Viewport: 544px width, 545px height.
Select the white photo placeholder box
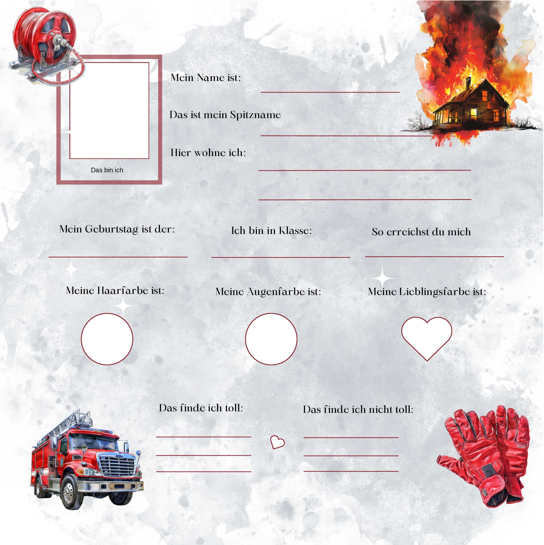[x=109, y=111]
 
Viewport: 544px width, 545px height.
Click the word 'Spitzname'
[x=255, y=115]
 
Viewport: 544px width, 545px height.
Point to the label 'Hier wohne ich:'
[x=208, y=153]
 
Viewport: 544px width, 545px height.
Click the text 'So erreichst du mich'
[x=421, y=232]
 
